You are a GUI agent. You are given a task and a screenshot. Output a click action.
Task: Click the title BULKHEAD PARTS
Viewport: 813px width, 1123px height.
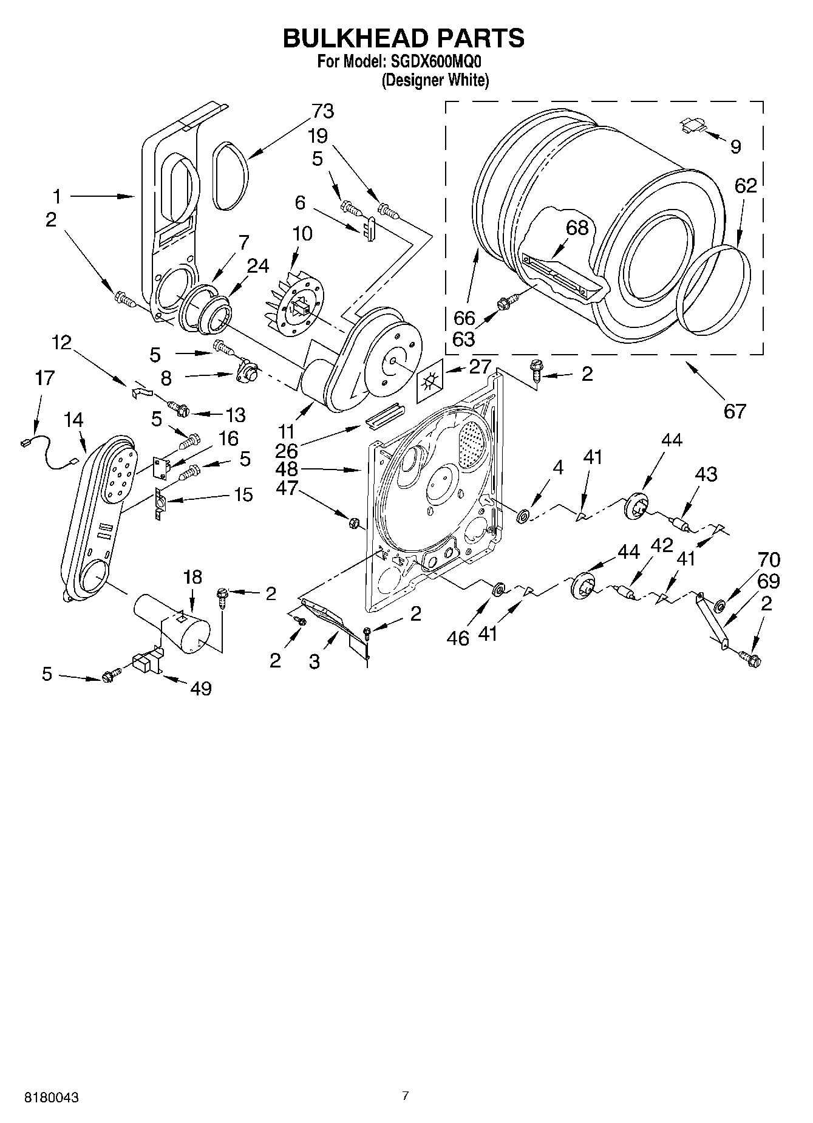click(404, 38)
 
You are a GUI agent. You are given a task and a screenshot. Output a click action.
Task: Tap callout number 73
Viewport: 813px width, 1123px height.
click(322, 111)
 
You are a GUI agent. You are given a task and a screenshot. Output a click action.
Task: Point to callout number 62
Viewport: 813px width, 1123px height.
click(746, 186)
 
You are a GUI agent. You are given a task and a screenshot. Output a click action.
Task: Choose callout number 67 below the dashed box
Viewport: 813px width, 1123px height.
click(734, 411)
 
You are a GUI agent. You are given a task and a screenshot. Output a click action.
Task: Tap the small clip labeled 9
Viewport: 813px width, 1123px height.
click(692, 125)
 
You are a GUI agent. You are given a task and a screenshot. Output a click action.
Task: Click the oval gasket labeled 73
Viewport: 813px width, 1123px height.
click(231, 175)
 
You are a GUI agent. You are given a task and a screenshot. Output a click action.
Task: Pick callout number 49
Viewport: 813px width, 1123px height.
click(201, 688)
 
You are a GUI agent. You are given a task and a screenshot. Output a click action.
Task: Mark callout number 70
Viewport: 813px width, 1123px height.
click(769, 559)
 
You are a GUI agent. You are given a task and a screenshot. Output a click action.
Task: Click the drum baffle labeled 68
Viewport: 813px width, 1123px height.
click(562, 276)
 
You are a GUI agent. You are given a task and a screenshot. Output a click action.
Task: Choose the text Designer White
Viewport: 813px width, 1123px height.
click(435, 80)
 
